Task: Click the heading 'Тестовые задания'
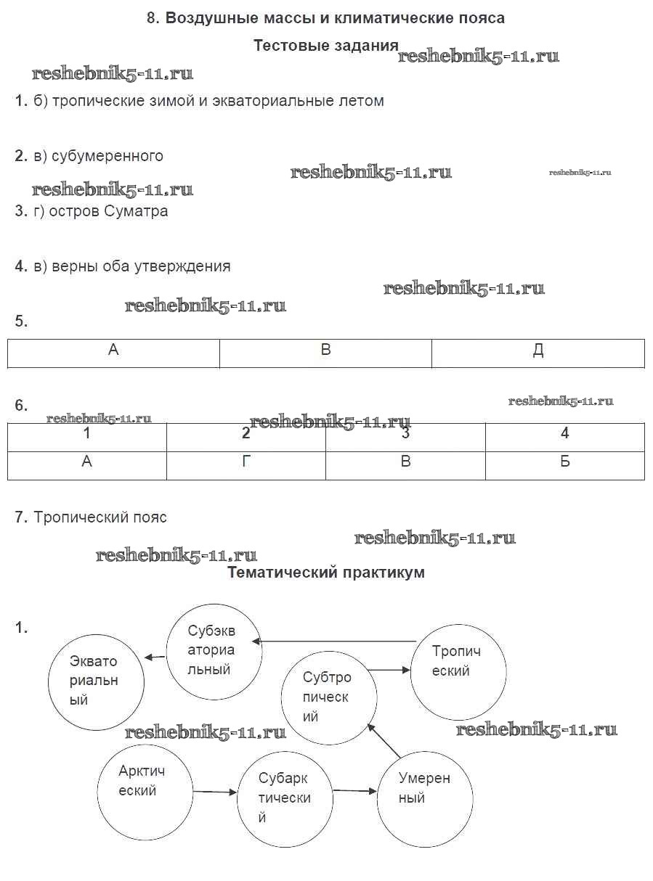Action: pos(325,46)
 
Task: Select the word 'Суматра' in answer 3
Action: pos(136,211)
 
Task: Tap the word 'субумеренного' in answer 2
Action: pos(108,156)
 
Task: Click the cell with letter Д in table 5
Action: pos(538,353)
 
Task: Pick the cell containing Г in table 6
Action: pos(246,465)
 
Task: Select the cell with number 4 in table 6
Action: pos(564,438)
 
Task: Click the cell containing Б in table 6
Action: pos(564,465)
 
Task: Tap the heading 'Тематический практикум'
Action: pos(325,573)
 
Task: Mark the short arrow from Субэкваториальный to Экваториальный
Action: pos(155,657)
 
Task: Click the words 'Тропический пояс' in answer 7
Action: pos(100,517)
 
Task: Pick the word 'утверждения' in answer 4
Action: pos(182,266)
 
